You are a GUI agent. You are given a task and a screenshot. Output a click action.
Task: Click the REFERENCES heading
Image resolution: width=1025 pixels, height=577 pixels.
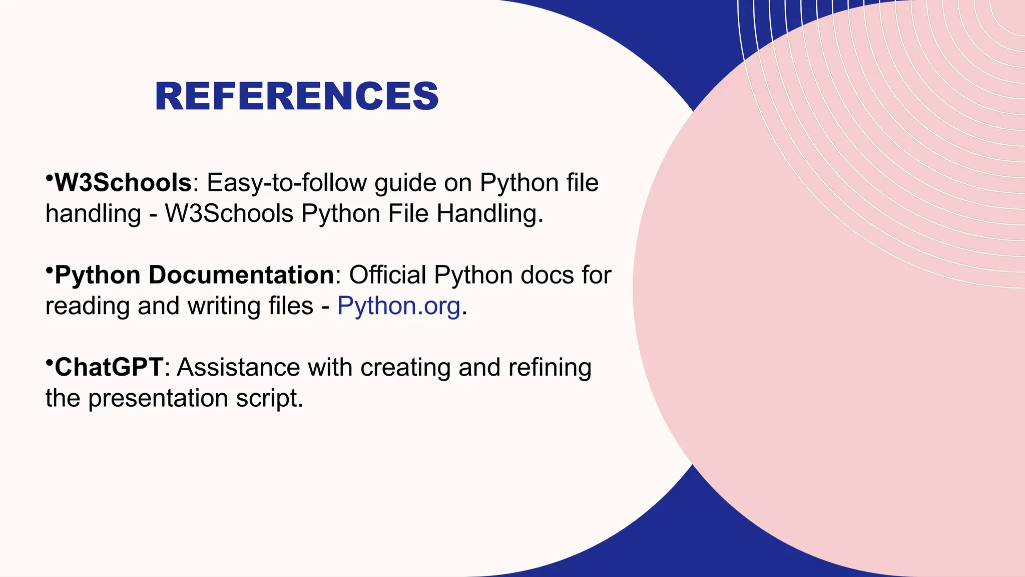click(297, 96)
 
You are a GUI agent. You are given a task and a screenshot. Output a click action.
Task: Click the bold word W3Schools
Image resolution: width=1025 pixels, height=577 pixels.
click(123, 183)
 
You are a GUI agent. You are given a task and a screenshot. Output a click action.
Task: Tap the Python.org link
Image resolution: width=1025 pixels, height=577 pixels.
click(398, 306)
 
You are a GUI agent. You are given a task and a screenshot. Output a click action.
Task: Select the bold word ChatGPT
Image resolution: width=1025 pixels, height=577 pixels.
click(109, 368)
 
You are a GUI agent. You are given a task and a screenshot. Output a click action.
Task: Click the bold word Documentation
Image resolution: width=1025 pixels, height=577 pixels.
click(241, 275)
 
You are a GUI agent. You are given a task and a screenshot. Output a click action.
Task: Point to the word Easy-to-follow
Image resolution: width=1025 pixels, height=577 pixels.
click(287, 183)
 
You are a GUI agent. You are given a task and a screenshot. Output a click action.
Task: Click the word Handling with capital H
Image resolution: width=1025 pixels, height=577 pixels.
click(489, 214)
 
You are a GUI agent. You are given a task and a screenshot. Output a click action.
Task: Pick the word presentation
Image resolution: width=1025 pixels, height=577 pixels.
click(158, 399)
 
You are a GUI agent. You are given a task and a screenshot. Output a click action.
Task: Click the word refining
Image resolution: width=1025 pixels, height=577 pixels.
click(550, 368)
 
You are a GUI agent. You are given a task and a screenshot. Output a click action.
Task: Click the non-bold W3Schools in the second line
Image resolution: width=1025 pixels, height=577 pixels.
click(229, 214)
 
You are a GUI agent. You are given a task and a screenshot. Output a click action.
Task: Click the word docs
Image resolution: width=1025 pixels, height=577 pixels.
click(547, 275)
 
